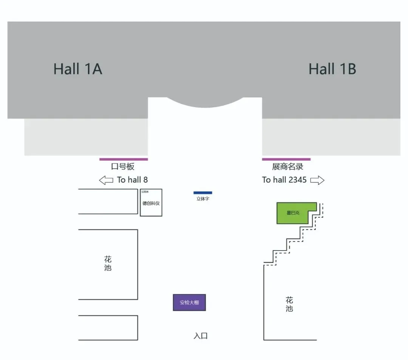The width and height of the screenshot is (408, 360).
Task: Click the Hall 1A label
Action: pos(78,69)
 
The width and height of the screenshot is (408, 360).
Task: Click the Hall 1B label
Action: pos(332,69)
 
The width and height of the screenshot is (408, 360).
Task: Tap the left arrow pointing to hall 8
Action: pos(106,180)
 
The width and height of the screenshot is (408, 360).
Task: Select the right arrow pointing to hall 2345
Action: pos(317,180)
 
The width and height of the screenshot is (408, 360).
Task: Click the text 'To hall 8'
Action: pos(132,180)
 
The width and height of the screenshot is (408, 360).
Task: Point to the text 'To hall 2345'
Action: pos(284,180)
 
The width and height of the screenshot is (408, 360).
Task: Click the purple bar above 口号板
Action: pos(124,159)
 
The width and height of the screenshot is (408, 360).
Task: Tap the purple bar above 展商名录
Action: pos(286,159)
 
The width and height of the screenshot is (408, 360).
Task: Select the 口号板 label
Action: pos(123,167)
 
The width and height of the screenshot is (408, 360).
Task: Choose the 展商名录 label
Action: pos(287,167)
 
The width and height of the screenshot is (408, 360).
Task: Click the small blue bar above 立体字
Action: pos(203,193)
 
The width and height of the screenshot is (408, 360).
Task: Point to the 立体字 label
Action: pos(203,199)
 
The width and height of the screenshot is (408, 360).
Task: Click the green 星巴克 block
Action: pos(293,213)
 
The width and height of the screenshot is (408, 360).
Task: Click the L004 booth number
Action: pos(145,192)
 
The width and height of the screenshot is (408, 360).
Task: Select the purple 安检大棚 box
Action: pos(189,302)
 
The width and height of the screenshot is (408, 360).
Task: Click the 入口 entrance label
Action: pos(201,336)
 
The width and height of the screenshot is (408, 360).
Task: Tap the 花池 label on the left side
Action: pos(108,264)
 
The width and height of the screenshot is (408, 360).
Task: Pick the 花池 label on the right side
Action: pos(289,305)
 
